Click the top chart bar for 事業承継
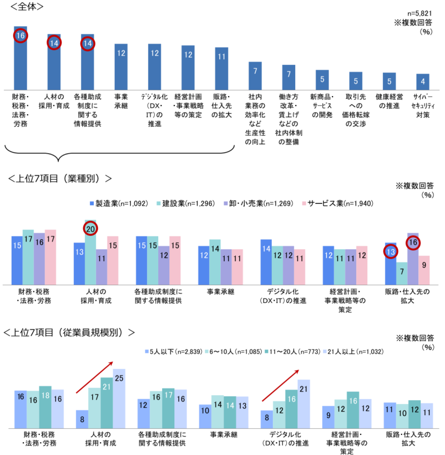point(121,67)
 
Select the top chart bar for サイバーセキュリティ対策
point(423,82)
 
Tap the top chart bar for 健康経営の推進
point(389,81)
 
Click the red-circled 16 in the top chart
point(21,36)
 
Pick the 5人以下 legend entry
point(171,351)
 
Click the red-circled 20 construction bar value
point(90,228)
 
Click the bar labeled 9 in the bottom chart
point(329,417)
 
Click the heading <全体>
point(24,7)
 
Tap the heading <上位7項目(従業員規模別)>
point(69,332)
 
